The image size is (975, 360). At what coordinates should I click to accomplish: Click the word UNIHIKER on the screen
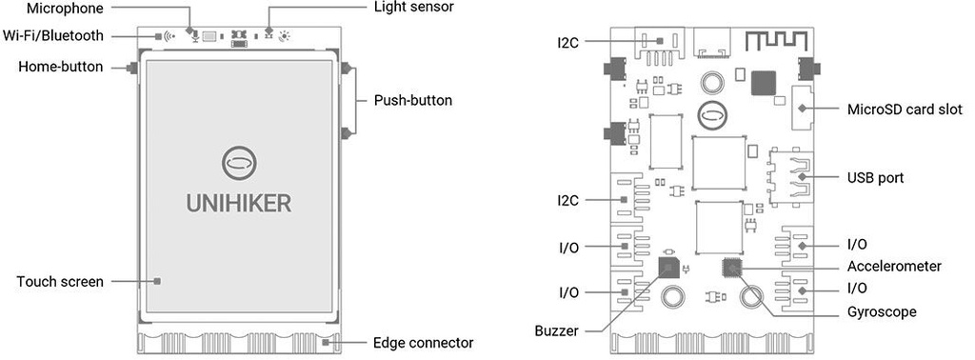(x=239, y=203)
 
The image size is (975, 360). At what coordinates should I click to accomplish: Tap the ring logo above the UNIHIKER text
(x=239, y=163)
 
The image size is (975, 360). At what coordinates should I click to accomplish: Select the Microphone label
(x=65, y=8)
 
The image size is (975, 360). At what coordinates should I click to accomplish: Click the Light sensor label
(x=414, y=8)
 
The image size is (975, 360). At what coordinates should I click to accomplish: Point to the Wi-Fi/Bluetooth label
(x=53, y=35)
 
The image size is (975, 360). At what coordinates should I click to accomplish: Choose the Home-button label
(x=61, y=67)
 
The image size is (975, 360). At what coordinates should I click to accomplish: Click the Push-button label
(x=413, y=100)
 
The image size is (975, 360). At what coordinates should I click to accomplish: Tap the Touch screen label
(x=60, y=282)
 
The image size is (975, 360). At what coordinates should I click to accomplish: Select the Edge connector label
(x=424, y=343)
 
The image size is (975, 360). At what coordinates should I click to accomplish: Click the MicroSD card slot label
(x=905, y=110)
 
